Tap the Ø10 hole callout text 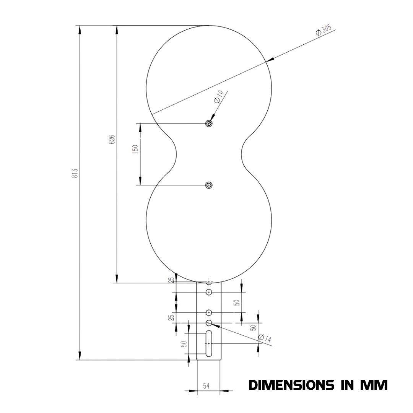219,97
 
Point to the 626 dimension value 112,140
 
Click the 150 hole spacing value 135,150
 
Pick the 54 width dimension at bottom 206,386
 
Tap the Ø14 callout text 265,338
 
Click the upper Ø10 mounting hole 209,123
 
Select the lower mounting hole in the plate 209,185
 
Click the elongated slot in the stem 209,343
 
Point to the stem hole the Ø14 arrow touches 209,323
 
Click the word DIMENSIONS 291,385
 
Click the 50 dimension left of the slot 184,344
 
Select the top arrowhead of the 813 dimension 80,30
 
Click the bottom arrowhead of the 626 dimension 117,279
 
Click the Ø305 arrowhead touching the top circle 270,60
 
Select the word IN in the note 347,385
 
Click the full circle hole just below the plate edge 209,292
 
